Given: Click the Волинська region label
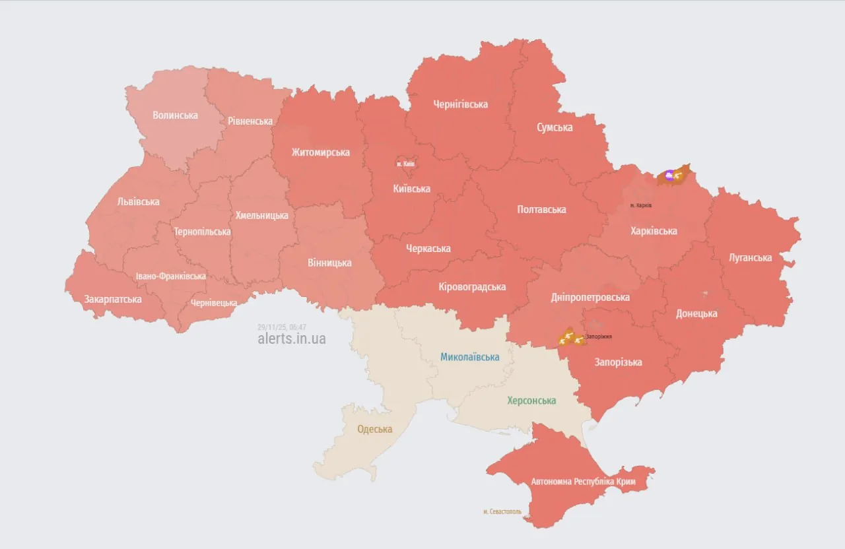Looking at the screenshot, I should coord(175,115).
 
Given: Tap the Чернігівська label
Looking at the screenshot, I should coord(461,104).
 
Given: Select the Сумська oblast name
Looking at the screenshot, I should coord(555,127).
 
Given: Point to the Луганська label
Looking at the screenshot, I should coord(750,258).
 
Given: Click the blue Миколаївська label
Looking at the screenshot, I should coord(470,357).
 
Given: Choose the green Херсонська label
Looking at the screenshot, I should coord(531,401).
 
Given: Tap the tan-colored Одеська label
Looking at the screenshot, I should coord(375,430).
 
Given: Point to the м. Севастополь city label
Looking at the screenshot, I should coord(502,511).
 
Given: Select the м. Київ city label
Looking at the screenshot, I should coord(405,164).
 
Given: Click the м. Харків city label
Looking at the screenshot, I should coord(640,205).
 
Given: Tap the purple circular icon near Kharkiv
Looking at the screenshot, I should coord(669,175).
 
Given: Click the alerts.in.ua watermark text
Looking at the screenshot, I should coord(292,339).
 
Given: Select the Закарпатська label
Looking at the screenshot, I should coord(113,300).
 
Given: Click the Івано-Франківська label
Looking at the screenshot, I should coord(171,276).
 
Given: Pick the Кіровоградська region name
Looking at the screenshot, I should coord(472,287).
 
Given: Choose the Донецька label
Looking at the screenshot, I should coord(696,314).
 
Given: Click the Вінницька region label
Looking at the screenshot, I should coord(329,263).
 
